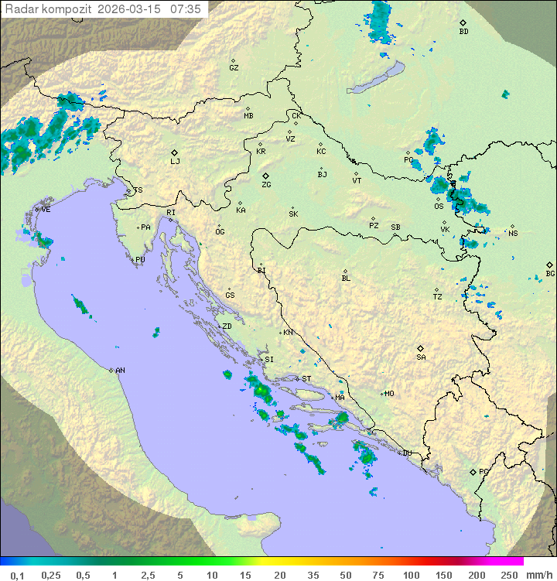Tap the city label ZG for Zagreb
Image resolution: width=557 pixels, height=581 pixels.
click(x=266, y=185)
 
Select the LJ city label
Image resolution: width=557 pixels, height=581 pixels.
click(x=175, y=161)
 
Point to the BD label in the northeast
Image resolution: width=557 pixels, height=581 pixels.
click(x=463, y=32)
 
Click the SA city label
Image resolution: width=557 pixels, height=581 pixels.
click(x=421, y=357)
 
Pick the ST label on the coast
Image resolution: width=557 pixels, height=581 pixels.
click(x=306, y=378)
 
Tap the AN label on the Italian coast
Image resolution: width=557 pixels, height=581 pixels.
click(x=120, y=371)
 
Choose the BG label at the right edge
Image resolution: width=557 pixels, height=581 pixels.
click(x=550, y=273)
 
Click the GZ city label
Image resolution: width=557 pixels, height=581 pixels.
click(x=234, y=67)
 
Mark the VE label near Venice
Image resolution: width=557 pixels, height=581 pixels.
click(x=46, y=210)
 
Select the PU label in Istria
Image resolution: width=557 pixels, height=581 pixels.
click(x=140, y=260)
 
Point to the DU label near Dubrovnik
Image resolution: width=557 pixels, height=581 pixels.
click(x=407, y=453)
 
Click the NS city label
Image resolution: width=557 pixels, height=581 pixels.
click(x=513, y=233)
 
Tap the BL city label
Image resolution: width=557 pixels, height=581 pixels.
click(x=346, y=278)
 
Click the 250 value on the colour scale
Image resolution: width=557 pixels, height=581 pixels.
click(x=509, y=575)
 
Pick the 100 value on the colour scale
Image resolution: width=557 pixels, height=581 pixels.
click(x=411, y=575)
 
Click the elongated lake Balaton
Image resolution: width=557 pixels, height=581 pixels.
click(x=375, y=79)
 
